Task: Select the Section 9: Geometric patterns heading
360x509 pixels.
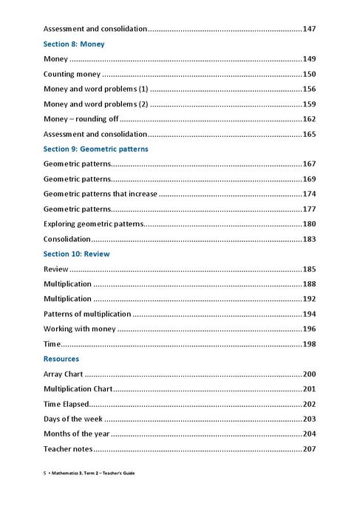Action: pyautogui.click(x=95, y=149)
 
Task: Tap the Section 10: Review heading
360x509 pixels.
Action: pyautogui.click(x=76, y=254)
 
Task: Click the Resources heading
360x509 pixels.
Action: pyautogui.click(x=61, y=359)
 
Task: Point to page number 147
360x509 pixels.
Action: pyautogui.click(x=310, y=29)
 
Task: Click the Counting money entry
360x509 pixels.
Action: pyautogui.click(x=72, y=74)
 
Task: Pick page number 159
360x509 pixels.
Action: pyautogui.click(x=310, y=104)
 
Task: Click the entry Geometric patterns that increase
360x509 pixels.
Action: pyautogui.click(x=101, y=194)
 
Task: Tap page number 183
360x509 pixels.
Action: pyautogui.click(x=310, y=239)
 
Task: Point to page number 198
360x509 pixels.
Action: pyautogui.click(x=310, y=344)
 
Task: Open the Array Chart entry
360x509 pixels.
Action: pyautogui.click(x=64, y=374)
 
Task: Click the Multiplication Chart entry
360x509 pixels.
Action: pyautogui.click(x=78, y=388)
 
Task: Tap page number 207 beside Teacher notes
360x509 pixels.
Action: pyautogui.click(x=310, y=449)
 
